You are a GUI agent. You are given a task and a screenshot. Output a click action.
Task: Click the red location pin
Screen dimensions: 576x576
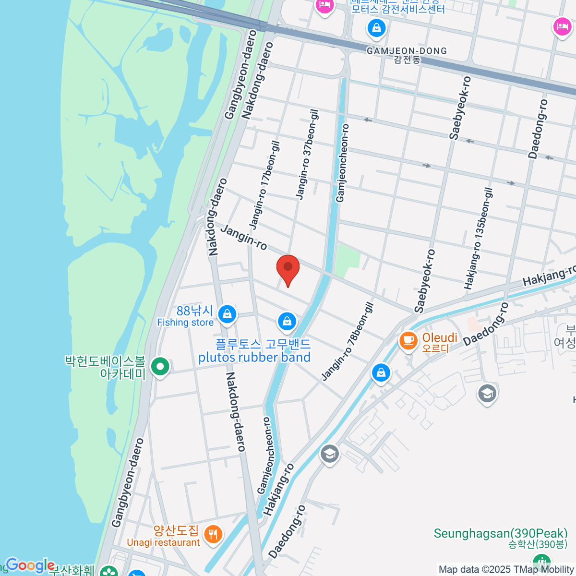[x=288, y=268]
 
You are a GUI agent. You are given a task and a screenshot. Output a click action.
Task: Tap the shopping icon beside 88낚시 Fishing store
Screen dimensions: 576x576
[x=227, y=314]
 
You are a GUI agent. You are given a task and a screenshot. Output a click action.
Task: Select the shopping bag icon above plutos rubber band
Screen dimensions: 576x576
[x=287, y=321]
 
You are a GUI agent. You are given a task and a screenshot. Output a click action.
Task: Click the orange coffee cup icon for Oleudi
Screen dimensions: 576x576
[x=408, y=341]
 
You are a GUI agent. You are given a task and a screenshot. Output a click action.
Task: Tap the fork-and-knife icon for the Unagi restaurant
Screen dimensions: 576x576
[x=212, y=534]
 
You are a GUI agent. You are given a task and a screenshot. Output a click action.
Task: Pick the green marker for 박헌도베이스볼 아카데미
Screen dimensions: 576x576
[x=160, y=367]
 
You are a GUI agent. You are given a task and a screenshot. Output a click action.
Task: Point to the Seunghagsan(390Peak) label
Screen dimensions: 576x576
[x=501, y=533]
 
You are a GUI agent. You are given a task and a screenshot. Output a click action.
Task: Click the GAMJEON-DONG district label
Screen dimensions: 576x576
[x=407, y=51]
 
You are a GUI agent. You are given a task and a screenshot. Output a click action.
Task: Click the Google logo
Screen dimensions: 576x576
[x=30, y=565]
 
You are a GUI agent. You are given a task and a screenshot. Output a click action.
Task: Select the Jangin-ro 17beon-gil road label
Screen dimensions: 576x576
[x=264, y=185]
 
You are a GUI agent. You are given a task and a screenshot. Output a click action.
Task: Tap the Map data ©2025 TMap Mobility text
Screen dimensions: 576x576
[x=506, y=569]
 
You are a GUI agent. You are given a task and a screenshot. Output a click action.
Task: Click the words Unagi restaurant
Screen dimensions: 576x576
[x=163, y=542]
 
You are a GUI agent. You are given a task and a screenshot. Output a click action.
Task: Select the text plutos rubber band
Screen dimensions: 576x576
[x=254, y=358]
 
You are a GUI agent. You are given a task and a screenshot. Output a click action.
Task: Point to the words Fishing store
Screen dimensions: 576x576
[x=185, y=323]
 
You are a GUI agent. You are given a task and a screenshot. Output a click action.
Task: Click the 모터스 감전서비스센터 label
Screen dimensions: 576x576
[x=398, y=9]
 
